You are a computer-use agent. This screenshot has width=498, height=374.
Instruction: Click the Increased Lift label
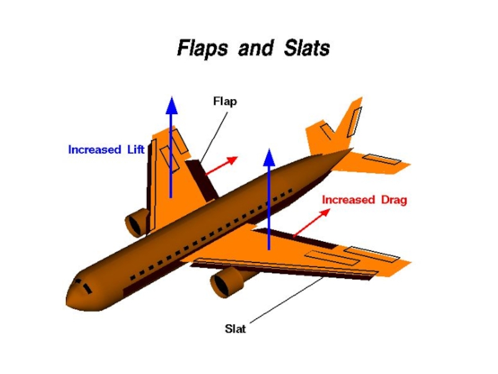tap(106, 150)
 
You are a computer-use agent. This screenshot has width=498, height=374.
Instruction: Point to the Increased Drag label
tap(364, 200)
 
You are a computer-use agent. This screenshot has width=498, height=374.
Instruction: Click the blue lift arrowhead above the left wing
tap(171, 105)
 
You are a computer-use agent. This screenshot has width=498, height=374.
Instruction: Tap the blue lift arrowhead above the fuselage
tap(269, 156)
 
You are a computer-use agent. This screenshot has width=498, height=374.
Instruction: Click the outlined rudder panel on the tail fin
tap(355, 120)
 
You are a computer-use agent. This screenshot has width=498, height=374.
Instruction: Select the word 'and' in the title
tap(253, 48)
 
